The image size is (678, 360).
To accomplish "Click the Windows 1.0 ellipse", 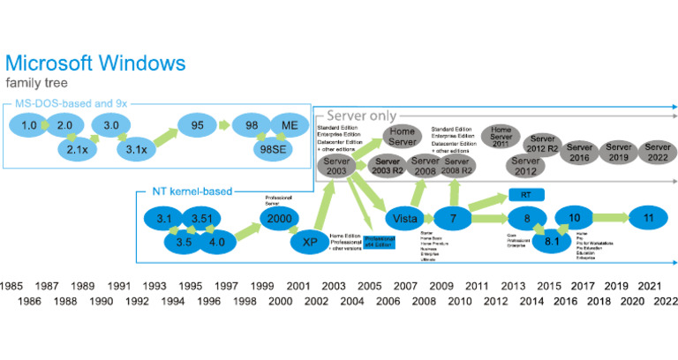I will (x=29, y=126).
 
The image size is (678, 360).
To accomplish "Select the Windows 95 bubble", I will (x=197, y=126).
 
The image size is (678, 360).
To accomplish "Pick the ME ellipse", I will (x=290, y=126).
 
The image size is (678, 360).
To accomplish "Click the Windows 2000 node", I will (x=276, y=217).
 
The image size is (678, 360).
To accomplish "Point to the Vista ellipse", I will (x=404, y=218).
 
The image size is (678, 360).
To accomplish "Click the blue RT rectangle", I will (x=524, y=194).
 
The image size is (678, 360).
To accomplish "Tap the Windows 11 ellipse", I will (x=649, y=218).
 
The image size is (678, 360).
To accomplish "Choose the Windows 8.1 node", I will (x=552, y=241).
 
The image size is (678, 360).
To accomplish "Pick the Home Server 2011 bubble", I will (x=501, y=137).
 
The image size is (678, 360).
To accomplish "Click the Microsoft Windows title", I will (x=95, y=64).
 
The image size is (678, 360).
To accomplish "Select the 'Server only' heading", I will (x=361, y=116).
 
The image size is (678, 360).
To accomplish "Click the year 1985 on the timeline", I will (x=11, y=286).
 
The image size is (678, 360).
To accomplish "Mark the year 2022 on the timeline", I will (x=666, y=301).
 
